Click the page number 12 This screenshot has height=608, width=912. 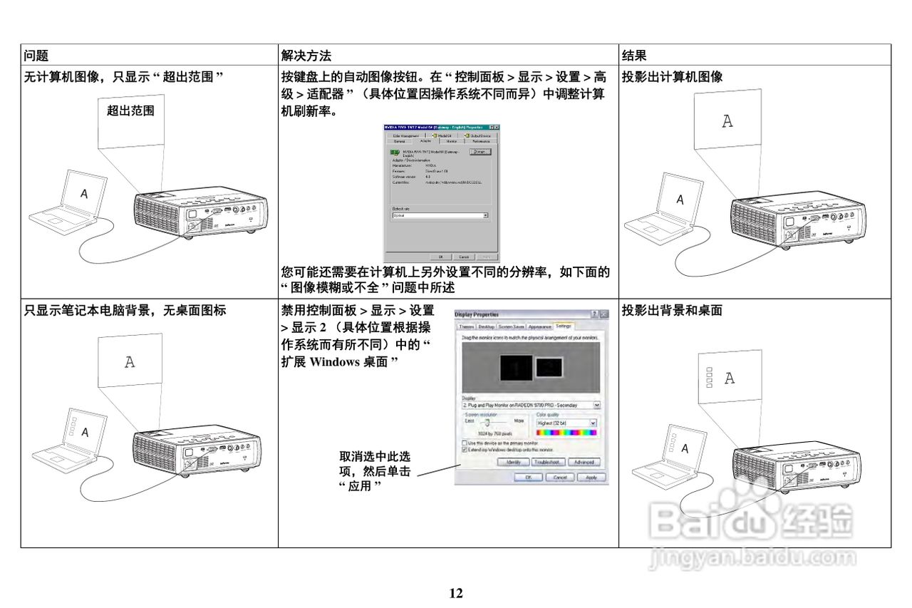[x=456, y=593]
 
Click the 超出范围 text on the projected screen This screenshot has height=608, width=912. [x=130, y=110]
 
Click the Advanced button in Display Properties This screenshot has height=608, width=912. [x=584, y=462]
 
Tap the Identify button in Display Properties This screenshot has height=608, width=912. [x=513, y=462]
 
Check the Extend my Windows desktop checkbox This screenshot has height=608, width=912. [x=465, y=450]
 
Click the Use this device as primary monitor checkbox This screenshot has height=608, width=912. [x=465, y=443]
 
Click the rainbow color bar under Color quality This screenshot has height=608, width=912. [x=566, y=433]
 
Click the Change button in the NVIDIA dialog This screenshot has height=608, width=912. [x=480, y=152]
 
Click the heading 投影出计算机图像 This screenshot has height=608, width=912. [x=672, y=77]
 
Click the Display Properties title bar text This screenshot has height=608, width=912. [x=477, y=314]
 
